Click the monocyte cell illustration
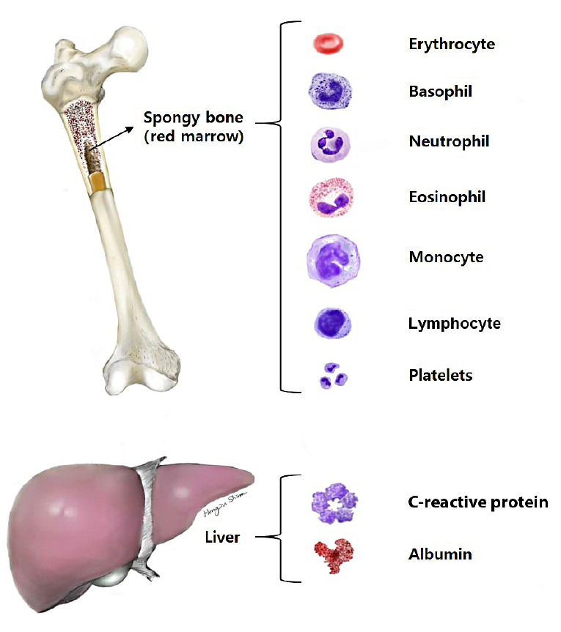tap(334, 259)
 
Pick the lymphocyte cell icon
tap(332, 323)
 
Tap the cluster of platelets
tap(332, 376)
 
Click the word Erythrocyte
tap(451, 44)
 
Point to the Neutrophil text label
tap(449, 141)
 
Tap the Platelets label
tap(440, 376)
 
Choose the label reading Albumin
tap(439, 554)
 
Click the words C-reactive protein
tap(477, 503)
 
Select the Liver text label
tap(222, 538)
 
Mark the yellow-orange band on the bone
tap(99, 182)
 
